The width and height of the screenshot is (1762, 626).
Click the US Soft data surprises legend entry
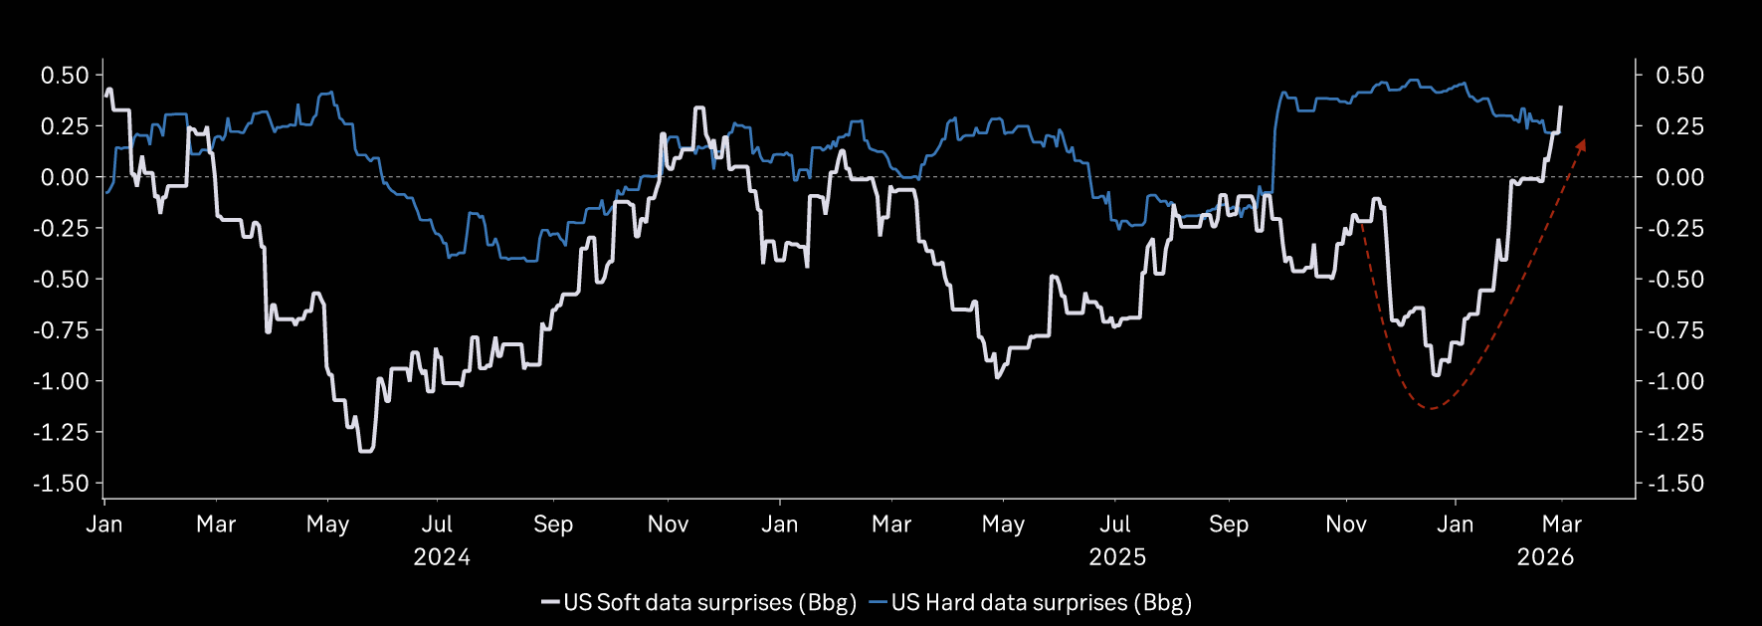pos(698,602)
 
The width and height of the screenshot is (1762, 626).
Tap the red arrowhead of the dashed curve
pos(1580,145)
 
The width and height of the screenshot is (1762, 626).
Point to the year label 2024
pos(442,556)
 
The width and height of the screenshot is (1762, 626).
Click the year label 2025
pos(1117,556)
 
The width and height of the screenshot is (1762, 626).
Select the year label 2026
pos(1545,556)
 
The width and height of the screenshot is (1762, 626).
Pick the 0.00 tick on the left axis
pos(65,177)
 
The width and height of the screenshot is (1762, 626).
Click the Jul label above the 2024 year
pos(437,524)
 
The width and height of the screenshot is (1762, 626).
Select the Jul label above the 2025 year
pos(1115,524)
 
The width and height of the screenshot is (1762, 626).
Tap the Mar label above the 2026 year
pos(1562,524)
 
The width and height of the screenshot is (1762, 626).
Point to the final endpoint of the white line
pos(1560,106)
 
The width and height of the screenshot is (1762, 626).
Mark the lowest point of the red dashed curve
pos(1431,408)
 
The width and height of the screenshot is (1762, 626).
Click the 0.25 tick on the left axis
pos(65,126)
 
